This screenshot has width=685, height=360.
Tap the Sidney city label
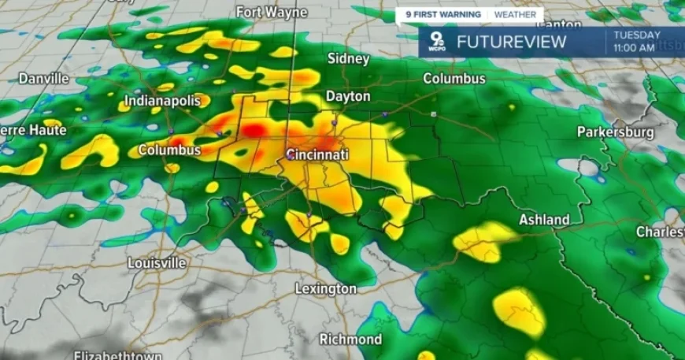348,59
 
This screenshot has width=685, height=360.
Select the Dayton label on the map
348,96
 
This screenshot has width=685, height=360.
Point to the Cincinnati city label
317,155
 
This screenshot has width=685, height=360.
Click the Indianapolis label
165,101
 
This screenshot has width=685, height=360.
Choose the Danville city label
43,79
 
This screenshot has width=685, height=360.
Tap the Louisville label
157,262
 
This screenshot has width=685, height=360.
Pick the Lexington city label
325,289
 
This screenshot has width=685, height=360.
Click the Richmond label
350,340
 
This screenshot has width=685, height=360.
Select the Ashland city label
544,220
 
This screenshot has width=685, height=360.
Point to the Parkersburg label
616,132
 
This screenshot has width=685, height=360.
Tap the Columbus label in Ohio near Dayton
454,79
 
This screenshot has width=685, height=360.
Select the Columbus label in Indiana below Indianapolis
169,150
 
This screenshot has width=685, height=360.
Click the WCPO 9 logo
435,41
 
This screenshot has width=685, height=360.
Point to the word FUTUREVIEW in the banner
512,42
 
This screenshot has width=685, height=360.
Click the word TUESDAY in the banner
637,35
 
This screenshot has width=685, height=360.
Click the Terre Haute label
31,130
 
